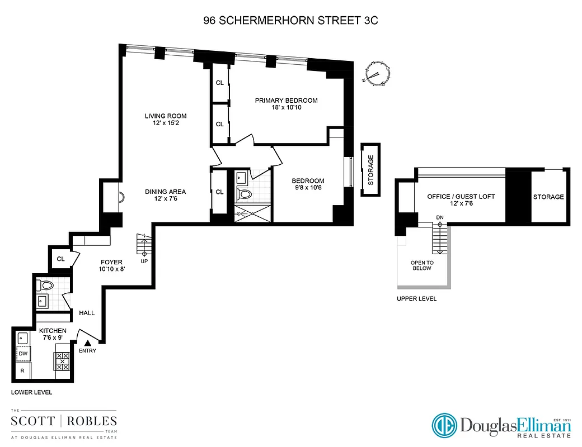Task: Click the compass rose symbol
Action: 377,73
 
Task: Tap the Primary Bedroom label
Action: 286,101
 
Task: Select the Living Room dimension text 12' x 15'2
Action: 166,124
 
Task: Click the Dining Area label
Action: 165,192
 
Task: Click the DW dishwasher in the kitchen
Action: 23,354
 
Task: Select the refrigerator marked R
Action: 23,370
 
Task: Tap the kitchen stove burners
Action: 63,361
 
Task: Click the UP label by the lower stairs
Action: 144,261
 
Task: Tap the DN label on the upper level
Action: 440,217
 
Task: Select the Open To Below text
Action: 422,265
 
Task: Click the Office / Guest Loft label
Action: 461,197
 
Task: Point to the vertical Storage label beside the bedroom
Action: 370,170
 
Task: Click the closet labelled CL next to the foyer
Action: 60,259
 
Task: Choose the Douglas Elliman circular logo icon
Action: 444,426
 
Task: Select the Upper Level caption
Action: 416,299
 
